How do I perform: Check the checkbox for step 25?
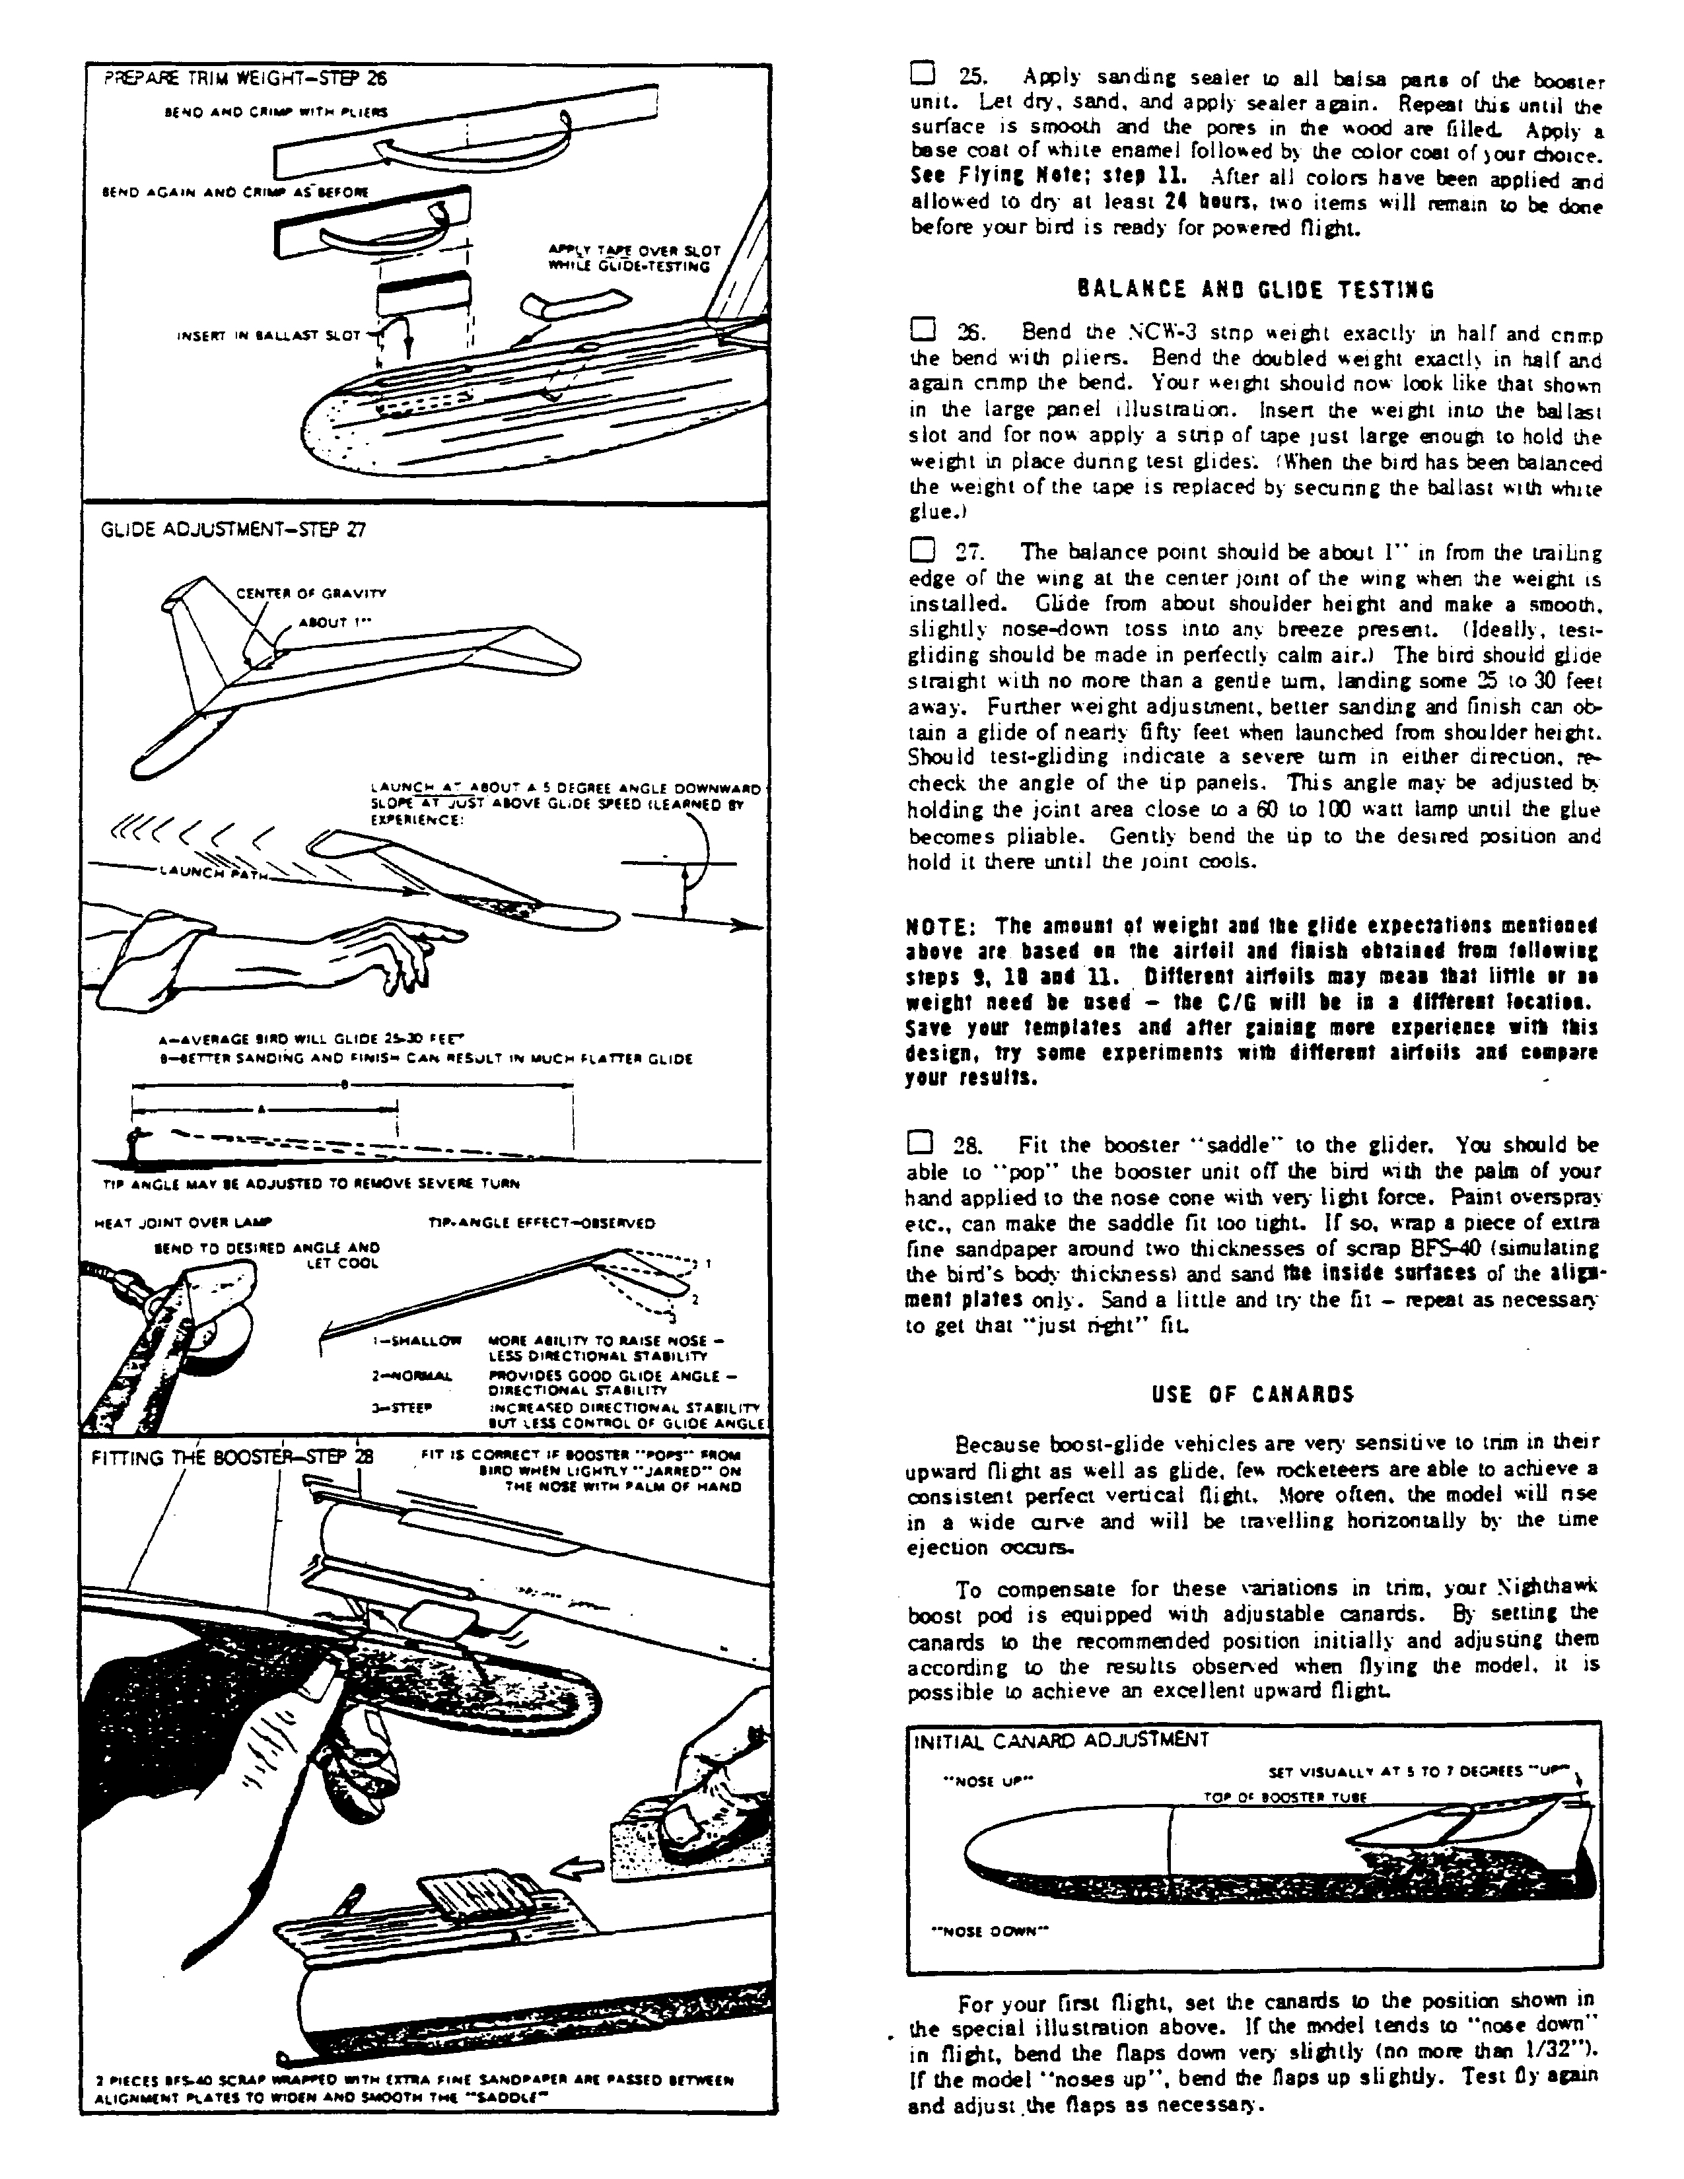923,75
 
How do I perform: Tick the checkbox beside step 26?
923,329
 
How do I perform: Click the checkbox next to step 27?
923,550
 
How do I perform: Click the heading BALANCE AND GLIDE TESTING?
1255,291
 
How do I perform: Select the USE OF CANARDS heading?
1253,1394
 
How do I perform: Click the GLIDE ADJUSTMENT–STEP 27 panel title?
233,530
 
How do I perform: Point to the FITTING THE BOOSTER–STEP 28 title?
231,1458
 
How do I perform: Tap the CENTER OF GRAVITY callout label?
310,594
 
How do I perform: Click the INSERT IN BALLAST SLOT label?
268,335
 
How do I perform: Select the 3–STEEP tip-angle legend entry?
399,1406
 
